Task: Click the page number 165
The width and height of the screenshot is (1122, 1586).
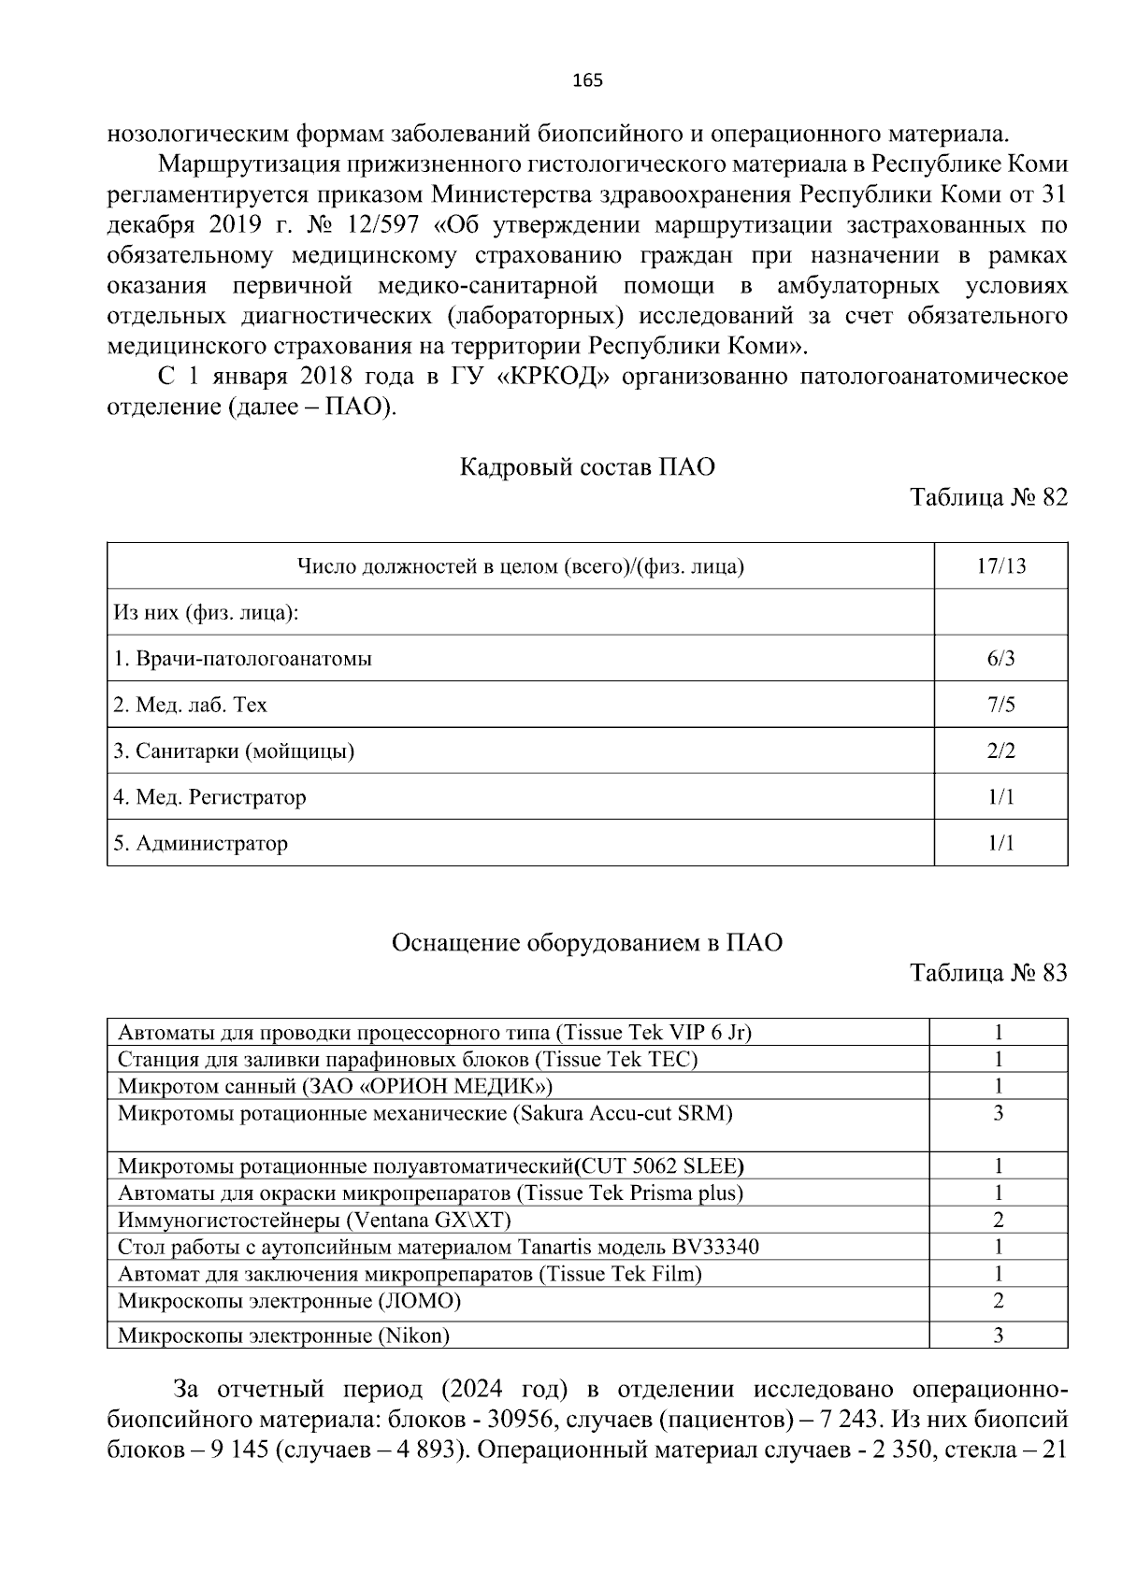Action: click(x=586, y=80)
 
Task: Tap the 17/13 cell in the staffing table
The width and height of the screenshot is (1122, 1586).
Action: click(x=1000, y=566)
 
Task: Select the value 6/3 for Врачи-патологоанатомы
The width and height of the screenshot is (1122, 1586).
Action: click(x=1000, y=659)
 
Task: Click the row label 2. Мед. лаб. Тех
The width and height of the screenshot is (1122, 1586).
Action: click(x=190, y=705)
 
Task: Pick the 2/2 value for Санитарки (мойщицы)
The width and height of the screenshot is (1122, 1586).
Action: click(x=1000, y=751)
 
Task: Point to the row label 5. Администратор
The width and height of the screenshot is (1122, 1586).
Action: click(x=200, y=844)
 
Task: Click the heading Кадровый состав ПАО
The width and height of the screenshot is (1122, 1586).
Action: click(x=587, y=467)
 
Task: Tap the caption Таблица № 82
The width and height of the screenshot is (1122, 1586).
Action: click(x=988, y=497)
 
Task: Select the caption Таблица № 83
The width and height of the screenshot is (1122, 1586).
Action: click(x=988, y=974)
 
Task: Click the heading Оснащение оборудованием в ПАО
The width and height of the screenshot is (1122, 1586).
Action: click(x=586, y=943)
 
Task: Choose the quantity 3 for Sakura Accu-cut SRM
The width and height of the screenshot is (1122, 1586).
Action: click(x=999, y=1113)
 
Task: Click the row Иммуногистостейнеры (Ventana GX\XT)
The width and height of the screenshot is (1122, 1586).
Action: click(x=314, y=1220)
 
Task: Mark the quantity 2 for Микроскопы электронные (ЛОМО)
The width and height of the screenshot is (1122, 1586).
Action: click(x=999, y=1300)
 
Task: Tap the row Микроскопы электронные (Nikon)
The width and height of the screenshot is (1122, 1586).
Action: click(x=283, y=1336)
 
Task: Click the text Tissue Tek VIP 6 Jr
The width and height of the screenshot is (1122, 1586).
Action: click(x=654, y=1033)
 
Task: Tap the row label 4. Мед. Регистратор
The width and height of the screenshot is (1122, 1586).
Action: click(x=209, y=798)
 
